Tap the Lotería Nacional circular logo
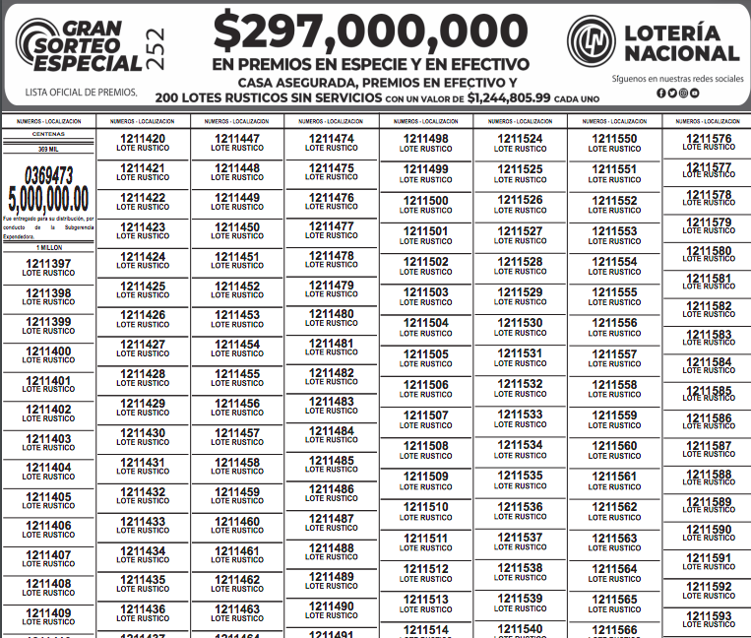592,41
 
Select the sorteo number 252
156,48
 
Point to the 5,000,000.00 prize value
48,198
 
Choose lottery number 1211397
48,264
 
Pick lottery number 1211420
143,139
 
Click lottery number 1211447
237,139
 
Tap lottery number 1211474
331,139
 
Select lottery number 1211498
425,139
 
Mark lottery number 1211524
520,139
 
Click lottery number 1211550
614,139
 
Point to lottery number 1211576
709,139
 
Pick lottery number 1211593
709,616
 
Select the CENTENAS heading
48,133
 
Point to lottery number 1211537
520,538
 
